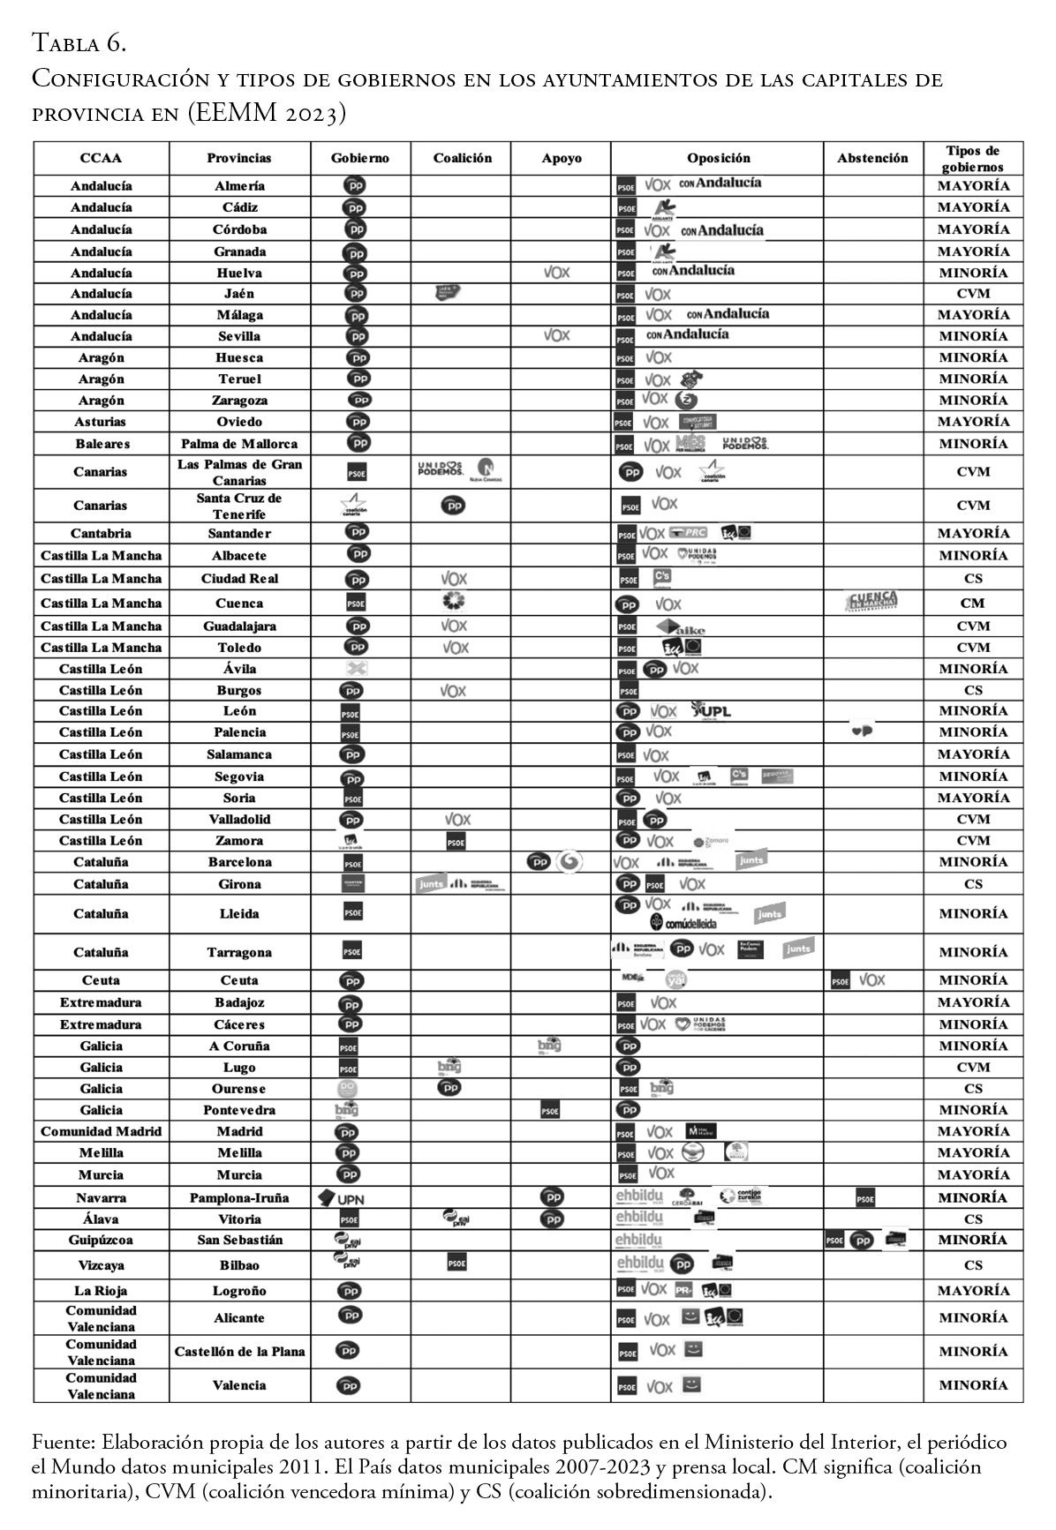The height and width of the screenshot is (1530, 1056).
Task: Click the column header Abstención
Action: (x=872, y=158)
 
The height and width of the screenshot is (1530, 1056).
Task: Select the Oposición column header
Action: (x=718, y=158)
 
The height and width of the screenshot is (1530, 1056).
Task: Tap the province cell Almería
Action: (x=239, y=186)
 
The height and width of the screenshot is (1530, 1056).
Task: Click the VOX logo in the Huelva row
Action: (x=556, y=273)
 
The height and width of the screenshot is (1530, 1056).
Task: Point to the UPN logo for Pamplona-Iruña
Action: (x=341, y=1198)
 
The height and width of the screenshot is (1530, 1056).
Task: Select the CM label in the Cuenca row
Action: (x=973, y=604)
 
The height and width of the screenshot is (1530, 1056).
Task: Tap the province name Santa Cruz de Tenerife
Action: (x=239, y=506)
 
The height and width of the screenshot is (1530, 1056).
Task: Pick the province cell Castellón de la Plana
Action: (x=239, y=1351)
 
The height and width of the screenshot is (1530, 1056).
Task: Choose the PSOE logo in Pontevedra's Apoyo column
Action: (x=549, y=1111)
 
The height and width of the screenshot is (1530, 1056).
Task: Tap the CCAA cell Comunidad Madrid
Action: (x=101, y=1131)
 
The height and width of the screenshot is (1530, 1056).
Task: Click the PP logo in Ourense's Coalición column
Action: (x=449, y=1088)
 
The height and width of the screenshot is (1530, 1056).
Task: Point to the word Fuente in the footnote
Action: (x=63, y=1444)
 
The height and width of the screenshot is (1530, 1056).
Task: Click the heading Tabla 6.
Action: (x=79, y=41)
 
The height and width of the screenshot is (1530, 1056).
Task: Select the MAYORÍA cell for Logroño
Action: (x=973, y=1290)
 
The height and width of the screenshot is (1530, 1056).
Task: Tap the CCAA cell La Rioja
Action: (x=101, y=1290)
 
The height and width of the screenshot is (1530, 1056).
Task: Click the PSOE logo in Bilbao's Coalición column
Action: (x=456, y=1264)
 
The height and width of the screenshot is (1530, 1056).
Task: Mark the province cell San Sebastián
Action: (x=239, y=1240)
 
